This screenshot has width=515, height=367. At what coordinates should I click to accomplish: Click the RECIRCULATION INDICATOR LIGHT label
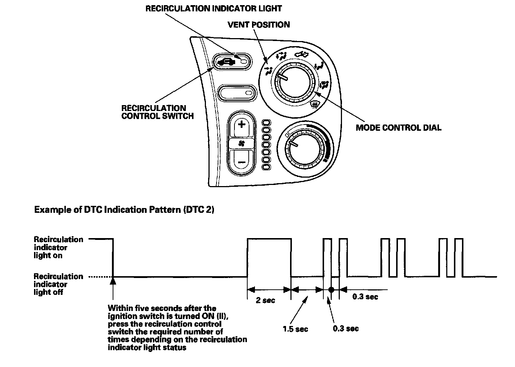click(x=214, y=8)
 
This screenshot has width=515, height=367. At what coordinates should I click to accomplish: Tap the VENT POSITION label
click(x=259, y=25)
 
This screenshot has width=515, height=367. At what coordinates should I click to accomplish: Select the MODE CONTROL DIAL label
click(x=398, y=128)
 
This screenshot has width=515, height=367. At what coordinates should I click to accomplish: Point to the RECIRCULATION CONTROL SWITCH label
click(x=157, y=112)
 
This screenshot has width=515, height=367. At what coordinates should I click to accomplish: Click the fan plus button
click(x=241, y=125)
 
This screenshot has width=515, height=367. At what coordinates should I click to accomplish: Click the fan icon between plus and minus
click(x=241, y=143)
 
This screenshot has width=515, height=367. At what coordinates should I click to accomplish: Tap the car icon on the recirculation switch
click(x=226, y=62)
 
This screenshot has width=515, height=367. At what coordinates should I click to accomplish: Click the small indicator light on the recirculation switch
click(x=244, y=62)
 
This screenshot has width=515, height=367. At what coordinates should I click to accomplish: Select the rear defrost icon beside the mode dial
click(x=314, y=106)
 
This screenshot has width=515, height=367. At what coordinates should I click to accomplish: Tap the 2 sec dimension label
click(x=265, y=301)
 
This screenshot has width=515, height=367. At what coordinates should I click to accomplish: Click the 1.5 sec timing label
click(x=295, y=329)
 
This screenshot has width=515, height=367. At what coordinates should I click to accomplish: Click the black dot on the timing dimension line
click(x=331, y=289)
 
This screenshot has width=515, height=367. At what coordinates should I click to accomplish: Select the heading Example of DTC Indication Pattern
click(x=124, y=210)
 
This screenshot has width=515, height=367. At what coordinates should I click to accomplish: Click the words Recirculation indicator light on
click(x=58, y=247)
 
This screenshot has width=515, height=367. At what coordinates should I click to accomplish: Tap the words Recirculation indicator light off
click(x=58, y=284)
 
